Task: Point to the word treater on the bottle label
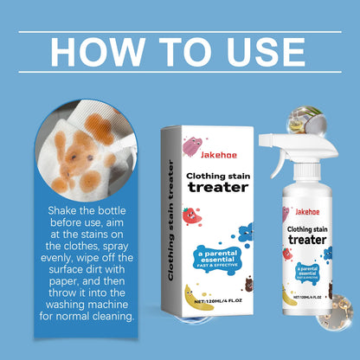click(311, 241)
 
